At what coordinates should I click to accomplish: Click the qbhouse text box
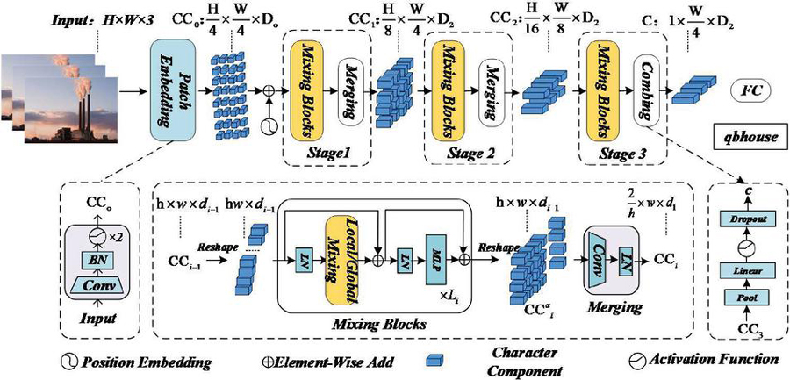[x=747, y=139]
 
